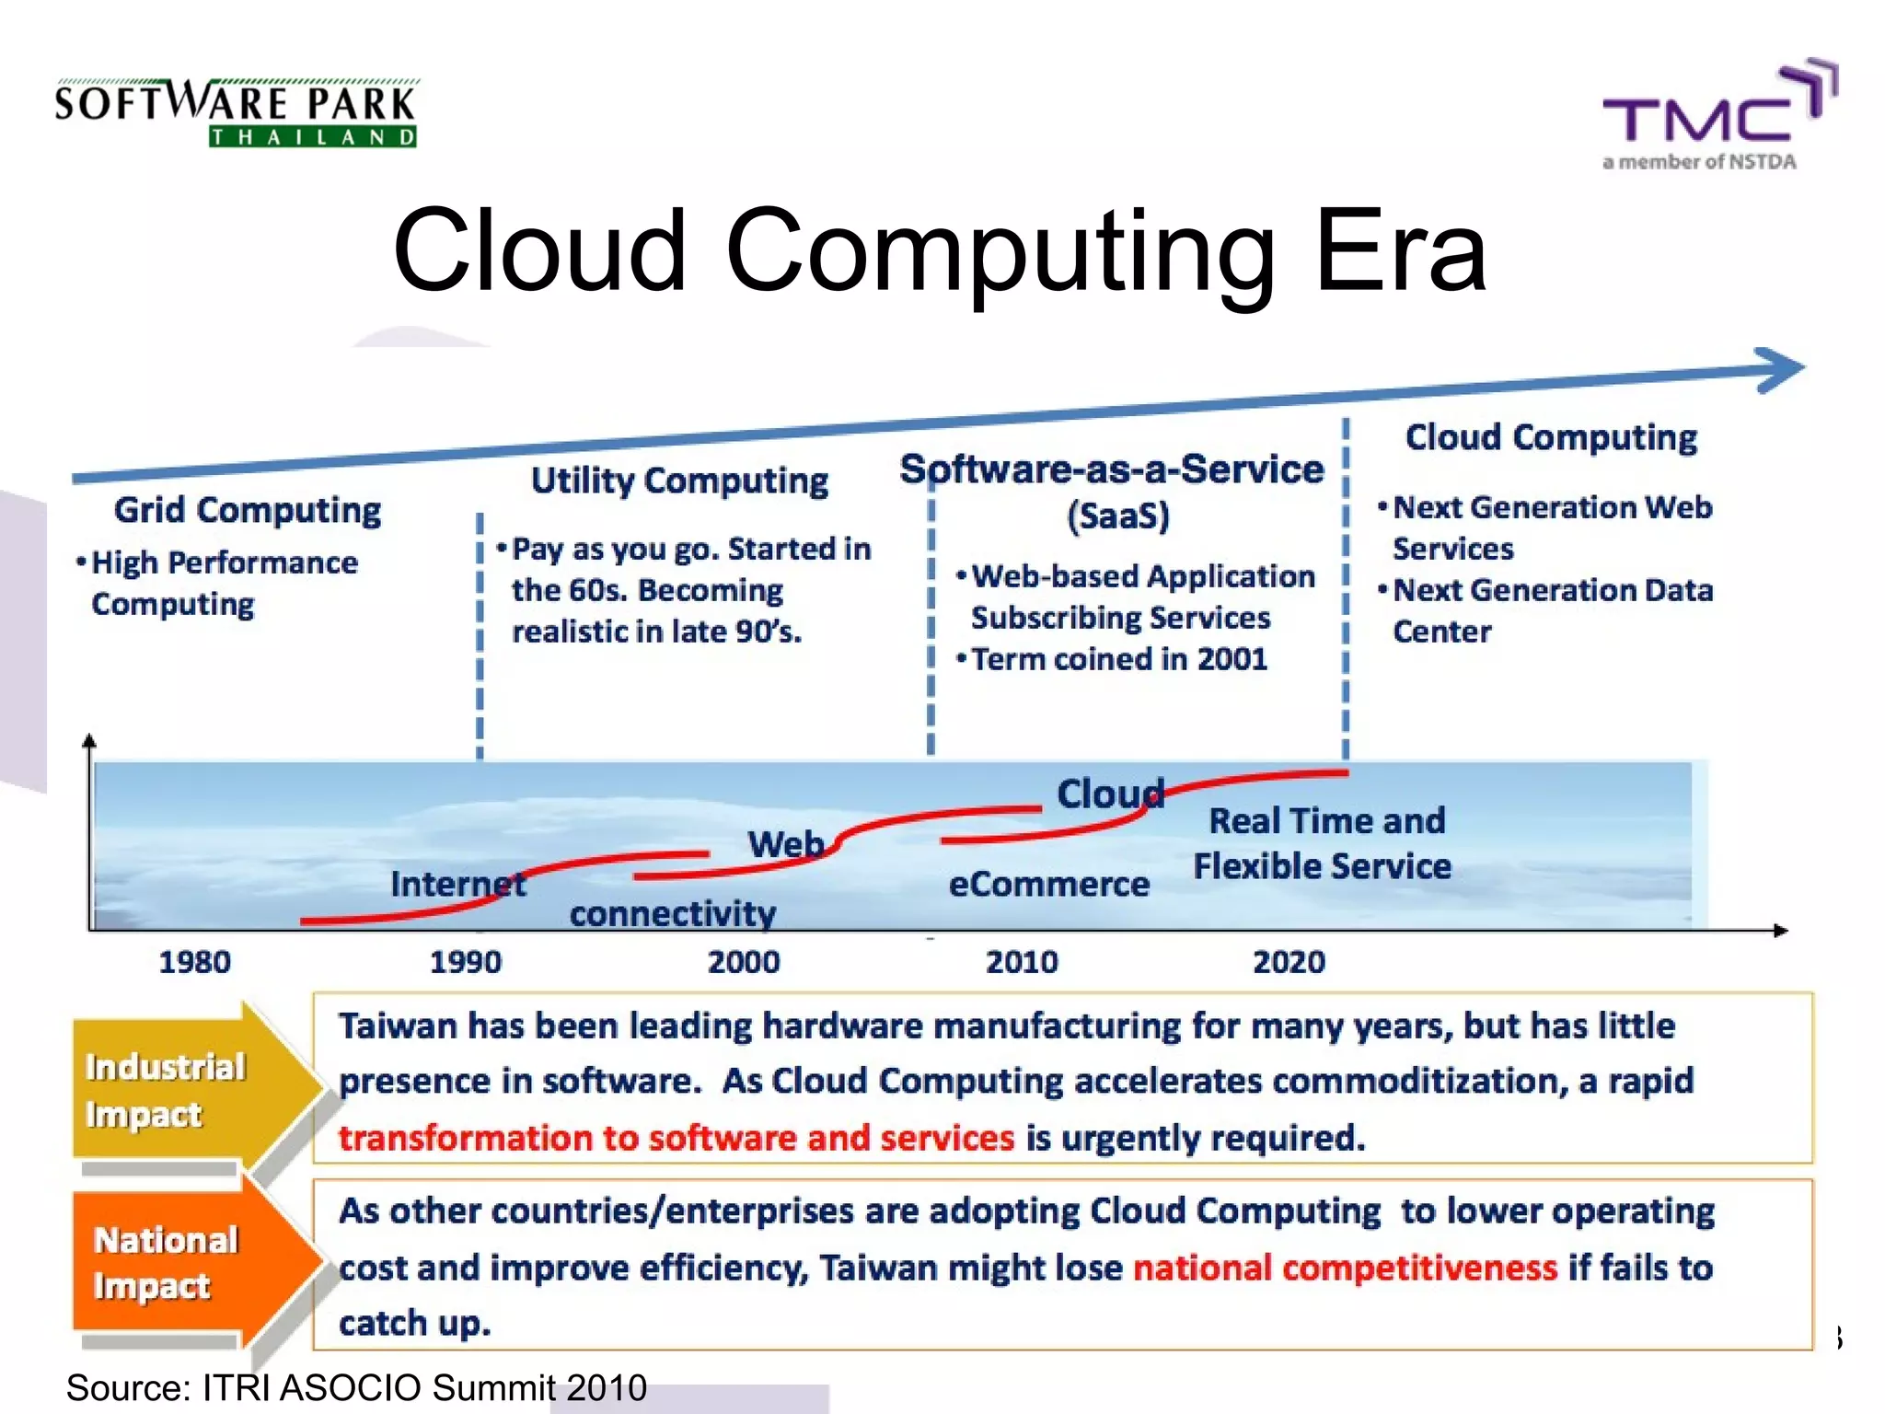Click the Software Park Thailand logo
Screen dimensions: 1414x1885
(x=236, y=112)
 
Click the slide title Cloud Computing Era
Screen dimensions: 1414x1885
(x=939, y=250)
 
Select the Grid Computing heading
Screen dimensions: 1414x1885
(x=247, y=510)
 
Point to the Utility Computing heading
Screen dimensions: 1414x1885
(x=679, y=481)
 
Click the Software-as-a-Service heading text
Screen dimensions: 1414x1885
(x=1112, y=469)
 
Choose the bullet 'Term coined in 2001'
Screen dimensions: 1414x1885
(x=1118, y=659)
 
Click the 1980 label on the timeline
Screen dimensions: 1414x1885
(x=194, y=962)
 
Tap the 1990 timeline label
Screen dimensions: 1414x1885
(x=466, y=962)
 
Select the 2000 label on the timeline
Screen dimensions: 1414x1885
(x=744, y=962)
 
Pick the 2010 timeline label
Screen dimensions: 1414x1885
(x=1022, y=962)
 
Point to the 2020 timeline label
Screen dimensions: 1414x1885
(x=1289, y=962)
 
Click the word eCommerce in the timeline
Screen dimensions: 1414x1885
(x=1048, y=884)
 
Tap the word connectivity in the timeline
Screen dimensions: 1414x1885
(x=672, y=913)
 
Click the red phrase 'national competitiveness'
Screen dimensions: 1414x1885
(x=1345, y=1268)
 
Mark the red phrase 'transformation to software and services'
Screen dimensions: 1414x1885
(x=677, y=1138)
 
